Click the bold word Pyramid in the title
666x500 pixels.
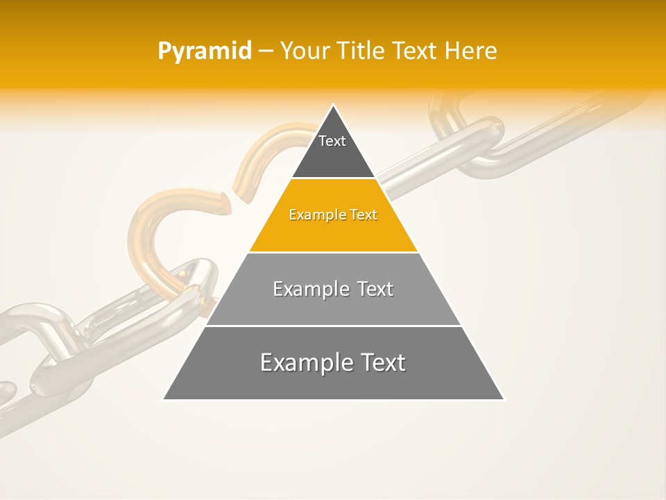204,51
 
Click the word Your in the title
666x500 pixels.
306,51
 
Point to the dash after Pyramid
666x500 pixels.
265,51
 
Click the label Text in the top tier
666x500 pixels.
332,141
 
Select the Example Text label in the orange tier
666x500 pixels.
333,215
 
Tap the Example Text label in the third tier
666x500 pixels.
333,289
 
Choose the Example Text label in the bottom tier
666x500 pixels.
333,362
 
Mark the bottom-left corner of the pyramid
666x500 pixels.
164,399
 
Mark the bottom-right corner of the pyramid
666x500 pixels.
504,399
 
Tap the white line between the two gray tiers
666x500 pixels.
333,326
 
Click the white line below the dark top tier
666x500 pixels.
333,178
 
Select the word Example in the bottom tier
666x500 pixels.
301,362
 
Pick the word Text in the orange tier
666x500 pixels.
364,215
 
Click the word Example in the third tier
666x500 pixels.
307,289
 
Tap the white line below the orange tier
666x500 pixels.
333,252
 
